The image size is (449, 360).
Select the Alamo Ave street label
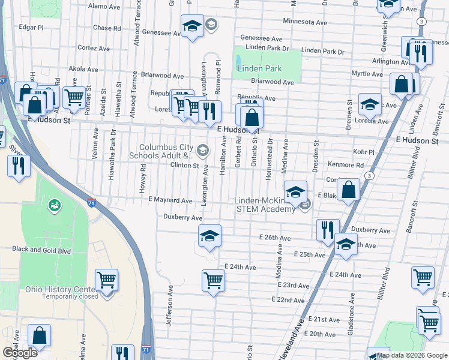pyautogui.click(x=104, y=6)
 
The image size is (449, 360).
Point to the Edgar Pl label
pyautogui.click(x=31, y=28)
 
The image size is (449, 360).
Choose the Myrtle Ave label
pyautogui.click(x=367, y=74)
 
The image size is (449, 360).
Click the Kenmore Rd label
pyautogui.click(x=346, y=165)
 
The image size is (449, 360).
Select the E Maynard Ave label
pyautogui.click(x=170, y=200)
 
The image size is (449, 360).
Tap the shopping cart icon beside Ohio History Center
pyautogui.click(x=106, y=280)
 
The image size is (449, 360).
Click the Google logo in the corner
pyautogui.click(x=20, y=353)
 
